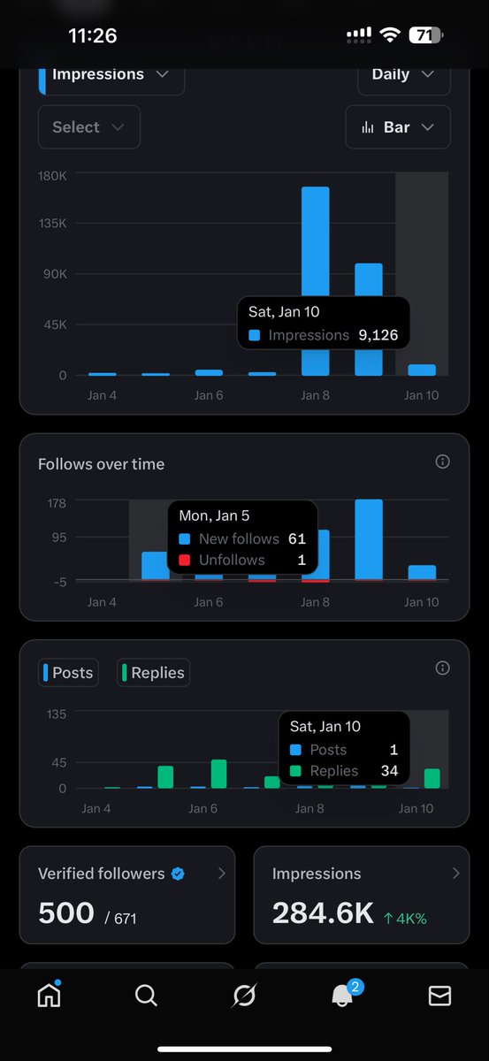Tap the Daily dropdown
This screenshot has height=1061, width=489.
click(x=403, y=75)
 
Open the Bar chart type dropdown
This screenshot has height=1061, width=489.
click(x=397, y=127)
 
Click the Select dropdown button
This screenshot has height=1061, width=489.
click(x=88, y=127)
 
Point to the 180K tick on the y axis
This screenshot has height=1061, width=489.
click(x=52, y=175)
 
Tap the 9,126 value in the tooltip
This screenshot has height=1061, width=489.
click(x=378, y=335)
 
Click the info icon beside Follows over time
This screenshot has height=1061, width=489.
click(x=443, y=462)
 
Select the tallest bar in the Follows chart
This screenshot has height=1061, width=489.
click(x=369, y=538)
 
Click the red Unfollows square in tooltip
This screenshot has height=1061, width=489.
click(x=184, y=560)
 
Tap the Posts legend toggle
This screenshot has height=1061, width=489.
click(x=68, y=673)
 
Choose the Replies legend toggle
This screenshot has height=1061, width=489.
click(x=153, y=673)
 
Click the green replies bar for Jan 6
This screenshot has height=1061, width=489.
click(x=218, y=774)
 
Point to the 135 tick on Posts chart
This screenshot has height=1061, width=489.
click(x=56, y=714)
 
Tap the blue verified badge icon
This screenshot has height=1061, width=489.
click(x=178, y=874)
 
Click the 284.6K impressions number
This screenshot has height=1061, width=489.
click(x=323, y=913)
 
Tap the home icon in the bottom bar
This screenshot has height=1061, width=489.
click(x=49, y=996)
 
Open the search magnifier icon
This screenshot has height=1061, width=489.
click(x=146, y=996)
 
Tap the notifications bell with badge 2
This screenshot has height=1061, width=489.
click(x=342, y=996)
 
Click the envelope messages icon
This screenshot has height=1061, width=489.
click(x=439, y=996)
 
